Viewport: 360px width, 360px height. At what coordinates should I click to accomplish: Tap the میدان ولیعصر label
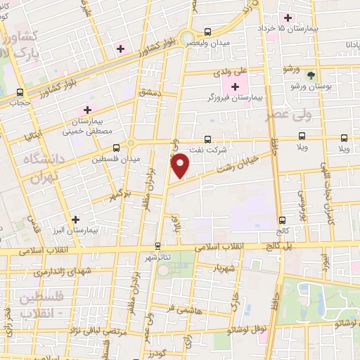208,43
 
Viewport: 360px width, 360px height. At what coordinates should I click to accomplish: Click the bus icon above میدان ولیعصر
207,32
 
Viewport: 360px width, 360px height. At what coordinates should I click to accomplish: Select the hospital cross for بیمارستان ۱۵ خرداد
287,18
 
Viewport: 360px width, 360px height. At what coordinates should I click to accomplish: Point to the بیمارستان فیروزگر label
236,98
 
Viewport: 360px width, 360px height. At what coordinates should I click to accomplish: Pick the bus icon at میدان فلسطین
116,148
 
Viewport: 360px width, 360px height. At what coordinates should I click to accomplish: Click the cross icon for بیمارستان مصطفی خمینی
87,110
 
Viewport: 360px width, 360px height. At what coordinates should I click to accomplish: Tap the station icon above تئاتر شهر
157,246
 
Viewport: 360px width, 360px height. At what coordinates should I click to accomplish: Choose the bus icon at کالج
282,220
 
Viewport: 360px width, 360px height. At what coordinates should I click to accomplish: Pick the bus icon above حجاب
20,92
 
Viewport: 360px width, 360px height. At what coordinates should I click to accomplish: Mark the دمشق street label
150,93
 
